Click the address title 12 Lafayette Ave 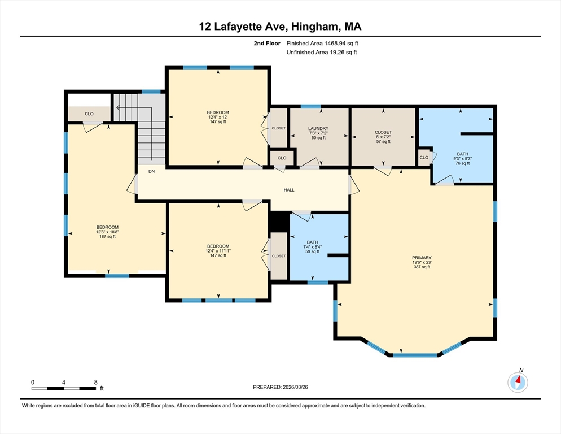pyautogui.click(x=280, y=27)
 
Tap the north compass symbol pyautogui.click(x=518, y=383)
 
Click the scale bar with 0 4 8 pyautogui.click(x=63, y=388)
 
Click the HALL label pyautogui.click(x=289, y=190)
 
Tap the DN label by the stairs pyautogui.click(x=151, y=171)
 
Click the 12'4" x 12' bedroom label pyautogui.click(x=218, y=117)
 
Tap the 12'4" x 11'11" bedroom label pyautogui.click(x=218, y=250)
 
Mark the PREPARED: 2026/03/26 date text pyautogui.click(x=280, y=387)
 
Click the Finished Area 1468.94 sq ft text pyautogui.click(x=322, y=43)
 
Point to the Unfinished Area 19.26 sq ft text pyautogui.click(x=322, y=53)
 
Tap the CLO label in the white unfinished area pyautogui.click(x=89, y=114)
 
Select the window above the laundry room pyautogui.click(x=310, y=106)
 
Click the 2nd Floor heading pyautogui.click(x=267, y=43)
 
